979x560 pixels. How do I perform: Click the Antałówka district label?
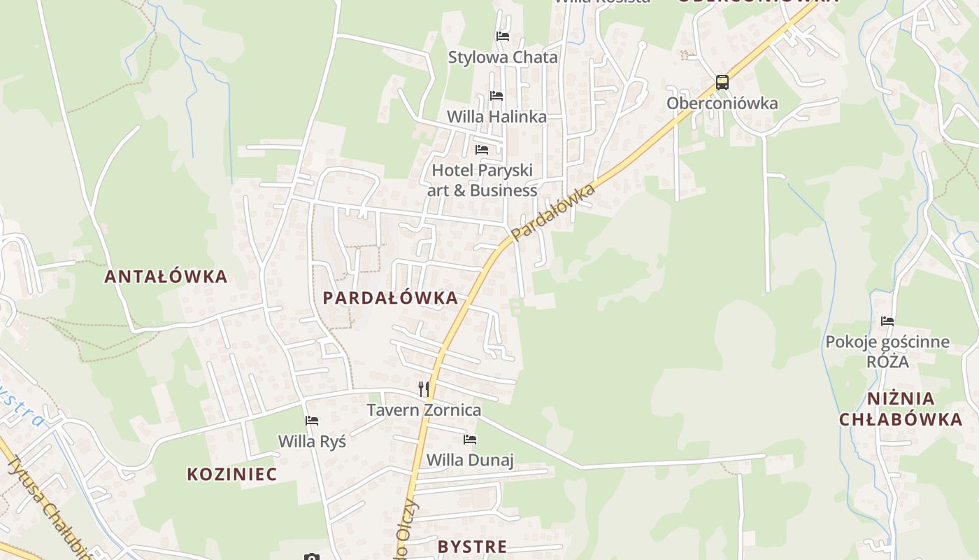pos(166,276)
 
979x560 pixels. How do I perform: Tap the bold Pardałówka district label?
pos(390,298)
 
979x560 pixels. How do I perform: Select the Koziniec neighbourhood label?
pos(232,474)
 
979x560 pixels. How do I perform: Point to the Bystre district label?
pos(472,547)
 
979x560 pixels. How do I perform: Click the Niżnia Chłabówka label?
pos(901,409)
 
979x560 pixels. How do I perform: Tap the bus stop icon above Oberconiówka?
pos(722,83)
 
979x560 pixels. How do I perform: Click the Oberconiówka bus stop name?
pos(722,104)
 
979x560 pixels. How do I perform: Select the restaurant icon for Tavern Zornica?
pos(424,388)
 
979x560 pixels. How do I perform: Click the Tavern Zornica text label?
pos(424,410)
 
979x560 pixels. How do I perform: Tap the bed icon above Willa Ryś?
pos(312,421)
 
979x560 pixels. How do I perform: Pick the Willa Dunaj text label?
pos(470,460)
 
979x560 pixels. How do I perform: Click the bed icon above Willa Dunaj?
pos(470,440)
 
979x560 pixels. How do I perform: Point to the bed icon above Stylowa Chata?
pos(502,36)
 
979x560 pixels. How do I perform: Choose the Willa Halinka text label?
pos(496,117)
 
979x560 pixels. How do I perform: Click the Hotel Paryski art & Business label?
pos(483,180)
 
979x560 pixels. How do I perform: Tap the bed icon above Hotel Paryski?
pos(482,150)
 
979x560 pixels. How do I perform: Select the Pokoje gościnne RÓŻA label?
pos(887,351)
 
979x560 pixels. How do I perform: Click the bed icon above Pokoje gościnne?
pos(887,321)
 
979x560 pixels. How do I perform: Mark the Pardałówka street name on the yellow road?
pos(553,211)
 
